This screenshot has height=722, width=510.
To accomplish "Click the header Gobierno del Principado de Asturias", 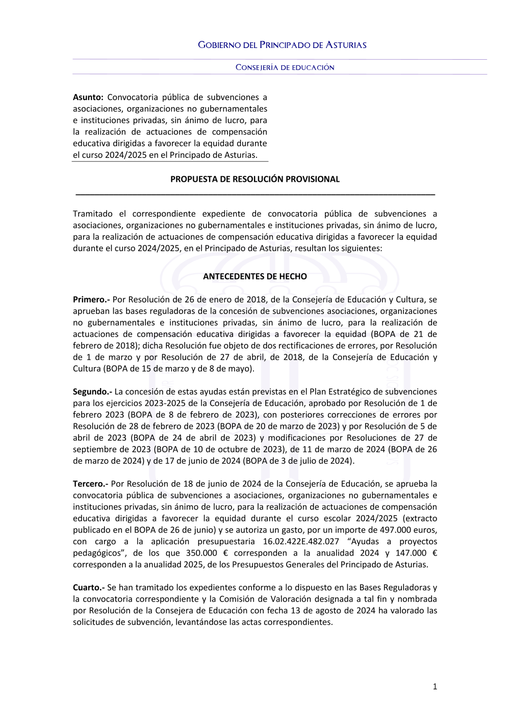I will (x=282, y=45).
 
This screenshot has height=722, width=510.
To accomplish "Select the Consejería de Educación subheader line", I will (x=285, y=67).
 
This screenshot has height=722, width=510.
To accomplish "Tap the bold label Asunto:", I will (x=88, y=97).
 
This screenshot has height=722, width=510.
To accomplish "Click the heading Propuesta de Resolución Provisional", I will (x=254, y=179).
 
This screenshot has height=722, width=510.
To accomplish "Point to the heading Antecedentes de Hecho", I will (x=254, y=276).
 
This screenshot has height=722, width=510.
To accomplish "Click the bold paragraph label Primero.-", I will (x=91, y=300).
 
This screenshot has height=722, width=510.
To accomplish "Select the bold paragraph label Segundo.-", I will (x=92, y=392).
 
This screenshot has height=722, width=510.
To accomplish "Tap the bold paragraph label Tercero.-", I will (x=90, y=484).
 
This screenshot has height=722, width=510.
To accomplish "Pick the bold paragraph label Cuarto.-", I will (x=89, y=588).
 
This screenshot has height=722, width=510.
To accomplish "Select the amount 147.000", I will (x=411, y=553).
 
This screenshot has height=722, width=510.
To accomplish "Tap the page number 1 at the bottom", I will (x=435, y=687).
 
